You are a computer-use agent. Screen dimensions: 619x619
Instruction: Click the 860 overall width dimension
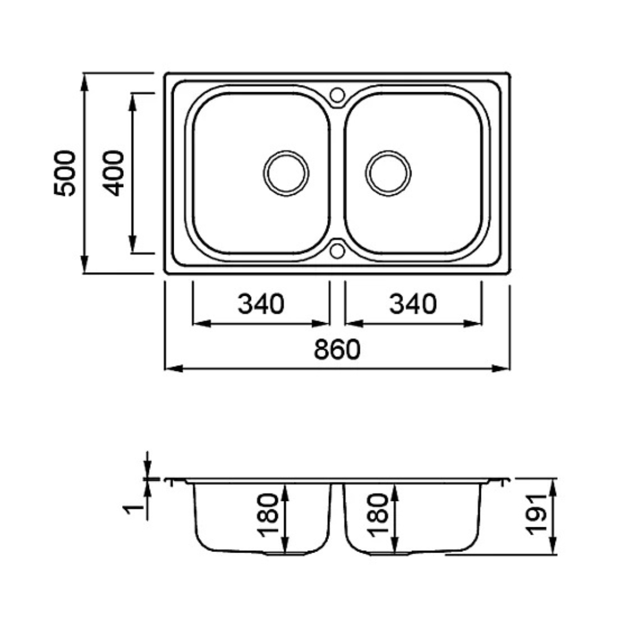[x=337, y=349]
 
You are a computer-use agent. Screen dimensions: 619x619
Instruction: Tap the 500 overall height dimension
[x=64, y=173]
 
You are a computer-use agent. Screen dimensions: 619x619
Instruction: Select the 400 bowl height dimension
[x=113, y=173]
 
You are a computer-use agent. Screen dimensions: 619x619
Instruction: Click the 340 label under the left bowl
[x=261, y=304]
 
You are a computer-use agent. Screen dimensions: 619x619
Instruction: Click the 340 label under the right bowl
[x=413, y=304]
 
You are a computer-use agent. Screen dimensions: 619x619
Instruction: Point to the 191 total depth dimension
[x=537, y=514]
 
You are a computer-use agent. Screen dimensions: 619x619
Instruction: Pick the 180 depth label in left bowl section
[x=268, y=515]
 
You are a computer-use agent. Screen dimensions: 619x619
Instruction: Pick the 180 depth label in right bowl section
[x=378, y=515]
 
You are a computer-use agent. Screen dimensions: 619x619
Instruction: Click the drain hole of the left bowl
[x=286, y=173]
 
